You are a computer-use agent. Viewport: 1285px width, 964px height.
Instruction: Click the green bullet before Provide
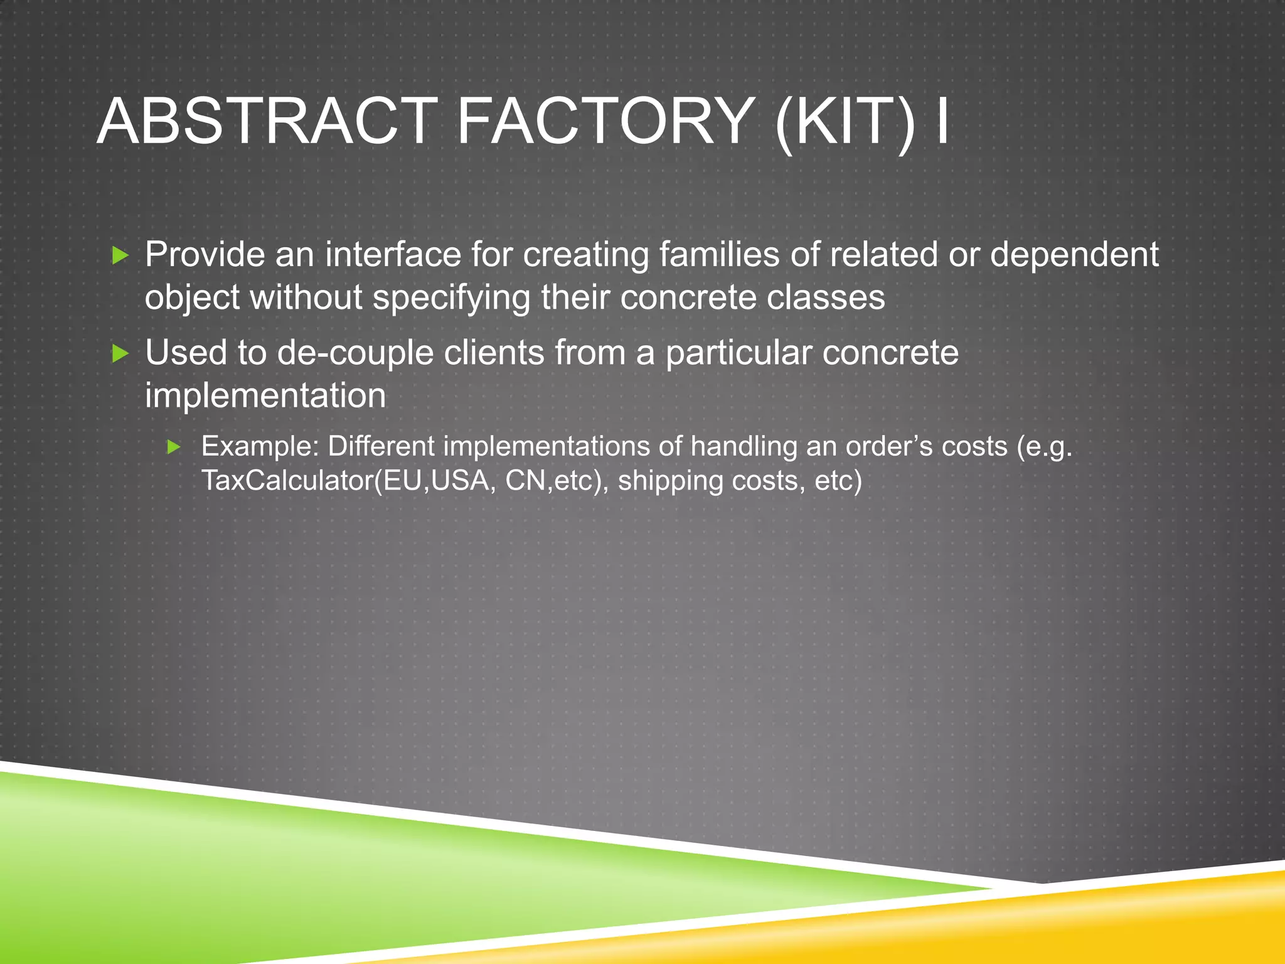click(x=120, y=255)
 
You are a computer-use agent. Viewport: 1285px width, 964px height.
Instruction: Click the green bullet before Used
click(x=120, y=353)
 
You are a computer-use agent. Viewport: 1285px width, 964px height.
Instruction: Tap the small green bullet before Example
click(x=174, y=447)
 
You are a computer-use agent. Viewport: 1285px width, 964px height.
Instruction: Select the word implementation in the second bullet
click(x=265, y=395)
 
